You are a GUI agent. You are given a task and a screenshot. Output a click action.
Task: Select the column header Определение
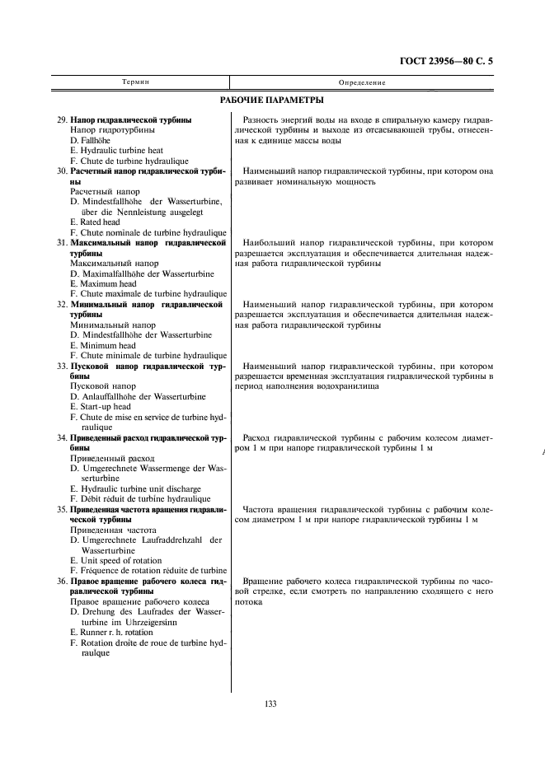click(362, 82)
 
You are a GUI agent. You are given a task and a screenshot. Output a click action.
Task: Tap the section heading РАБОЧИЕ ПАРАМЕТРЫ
click(272, 101)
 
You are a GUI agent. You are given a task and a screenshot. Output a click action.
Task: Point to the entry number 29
click(62, 120)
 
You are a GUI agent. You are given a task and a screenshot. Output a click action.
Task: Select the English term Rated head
click(99, 222)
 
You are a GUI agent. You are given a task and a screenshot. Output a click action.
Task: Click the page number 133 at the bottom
click(270, 703)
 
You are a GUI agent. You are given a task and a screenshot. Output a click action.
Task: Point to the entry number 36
click(62, 582)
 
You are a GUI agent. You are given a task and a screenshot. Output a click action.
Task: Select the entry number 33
click(62, 366)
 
